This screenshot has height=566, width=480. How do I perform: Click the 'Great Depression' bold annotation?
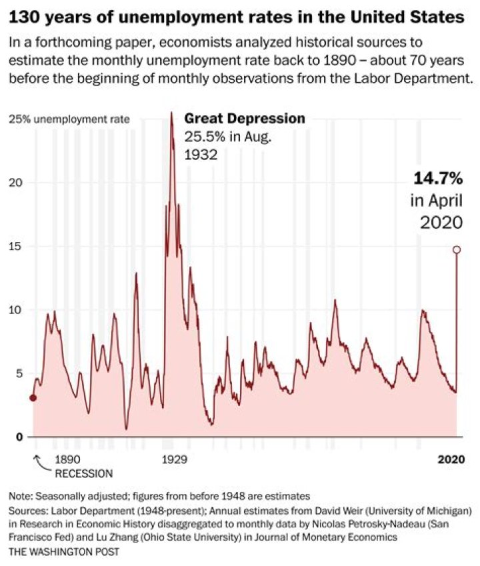(245, 119)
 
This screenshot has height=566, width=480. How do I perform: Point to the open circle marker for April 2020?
(457, 250)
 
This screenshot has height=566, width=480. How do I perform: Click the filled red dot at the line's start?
(33, 398)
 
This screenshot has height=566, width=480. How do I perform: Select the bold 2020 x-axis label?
(451, 459)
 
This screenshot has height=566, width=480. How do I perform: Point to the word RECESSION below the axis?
(83, 473)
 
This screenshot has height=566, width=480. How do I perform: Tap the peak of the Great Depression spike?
(171, 113)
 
